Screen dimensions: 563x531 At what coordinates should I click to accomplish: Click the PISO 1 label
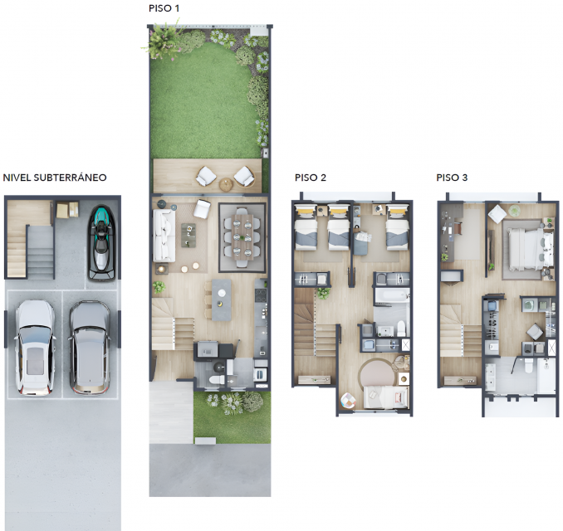point(164,8)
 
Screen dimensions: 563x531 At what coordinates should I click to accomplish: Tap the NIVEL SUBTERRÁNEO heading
point(55,178)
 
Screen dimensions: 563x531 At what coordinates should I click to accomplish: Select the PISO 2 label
point(311,178)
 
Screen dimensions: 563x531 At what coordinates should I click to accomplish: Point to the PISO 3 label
point(452,178)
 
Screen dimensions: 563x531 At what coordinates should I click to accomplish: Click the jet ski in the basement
point(102,242)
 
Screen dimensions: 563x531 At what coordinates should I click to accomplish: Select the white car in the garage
point(35,348)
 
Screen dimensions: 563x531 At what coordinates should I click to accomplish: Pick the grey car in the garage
point(90,348)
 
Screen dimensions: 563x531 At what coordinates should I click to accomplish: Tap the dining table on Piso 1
point(242,236)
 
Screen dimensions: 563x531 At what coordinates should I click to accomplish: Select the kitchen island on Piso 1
point(222,300)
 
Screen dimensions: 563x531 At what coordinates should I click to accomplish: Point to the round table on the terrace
point(226,184)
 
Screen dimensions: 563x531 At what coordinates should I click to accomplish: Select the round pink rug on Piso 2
point(377,373)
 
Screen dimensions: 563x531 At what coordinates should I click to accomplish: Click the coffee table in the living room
point(188,235)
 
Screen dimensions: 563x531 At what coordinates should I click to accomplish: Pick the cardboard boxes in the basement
point(67,210)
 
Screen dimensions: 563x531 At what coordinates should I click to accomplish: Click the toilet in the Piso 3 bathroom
point(528,365)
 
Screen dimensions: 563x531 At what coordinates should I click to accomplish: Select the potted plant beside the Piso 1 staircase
point(159,287)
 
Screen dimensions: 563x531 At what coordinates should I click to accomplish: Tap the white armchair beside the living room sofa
point(202,209)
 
